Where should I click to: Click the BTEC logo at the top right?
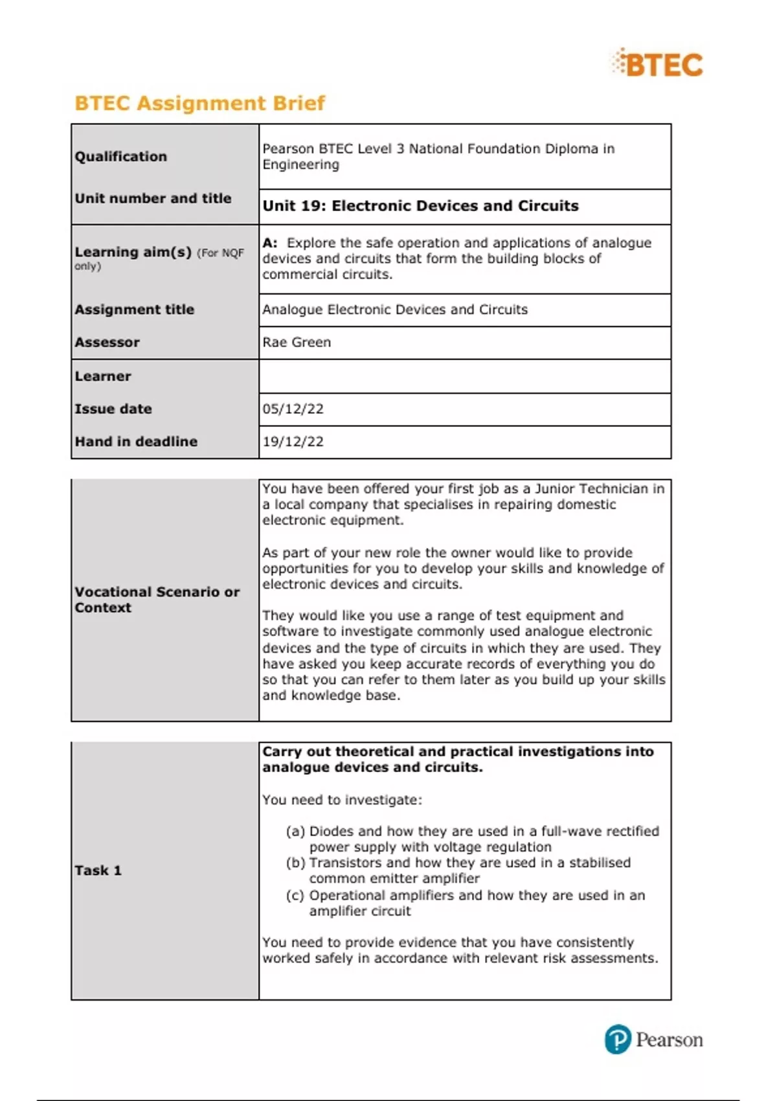click(658, 64)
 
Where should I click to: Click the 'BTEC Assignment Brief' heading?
click(199, 103)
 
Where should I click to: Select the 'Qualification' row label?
click(120, 156)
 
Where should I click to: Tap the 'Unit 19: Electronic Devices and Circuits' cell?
click(420, 206)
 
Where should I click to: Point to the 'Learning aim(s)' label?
click(133, 252)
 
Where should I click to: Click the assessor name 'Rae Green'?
click(297, 342)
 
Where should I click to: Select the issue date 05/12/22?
click(293, 409)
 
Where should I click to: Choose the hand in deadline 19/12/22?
click(293, 442)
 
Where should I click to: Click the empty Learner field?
click(464, 376)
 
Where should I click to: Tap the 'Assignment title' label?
click(134, 310)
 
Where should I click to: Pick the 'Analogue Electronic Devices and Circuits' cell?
click(395, 310)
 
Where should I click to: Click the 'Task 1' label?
click(98, 870)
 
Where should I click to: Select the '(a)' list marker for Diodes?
click(295, 831)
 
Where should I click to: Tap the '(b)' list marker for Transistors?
click(295, 863)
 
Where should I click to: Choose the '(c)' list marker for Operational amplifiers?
click(295, 895)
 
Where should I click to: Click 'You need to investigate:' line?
click(342, 800)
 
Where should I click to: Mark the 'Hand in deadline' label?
click(136, 442)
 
